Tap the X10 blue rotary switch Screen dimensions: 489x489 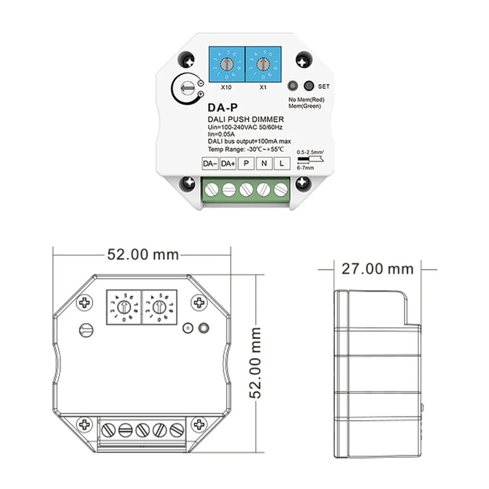(226, 64)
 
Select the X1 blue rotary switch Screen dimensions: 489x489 (263, 64)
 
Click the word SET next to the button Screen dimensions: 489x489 (324, 87)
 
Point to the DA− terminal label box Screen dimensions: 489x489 (210, 164)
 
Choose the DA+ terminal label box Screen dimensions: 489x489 (228, 164)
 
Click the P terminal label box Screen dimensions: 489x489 (246, 164)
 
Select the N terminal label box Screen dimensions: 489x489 (264, 164)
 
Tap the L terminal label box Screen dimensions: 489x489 (282, 164)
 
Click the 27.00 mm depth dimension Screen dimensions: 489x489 (377, 268)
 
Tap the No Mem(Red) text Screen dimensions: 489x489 (307, 100)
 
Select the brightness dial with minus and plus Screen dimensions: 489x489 (185, 89)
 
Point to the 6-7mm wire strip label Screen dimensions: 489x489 (306, 168)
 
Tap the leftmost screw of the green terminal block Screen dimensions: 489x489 (211, 190)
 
